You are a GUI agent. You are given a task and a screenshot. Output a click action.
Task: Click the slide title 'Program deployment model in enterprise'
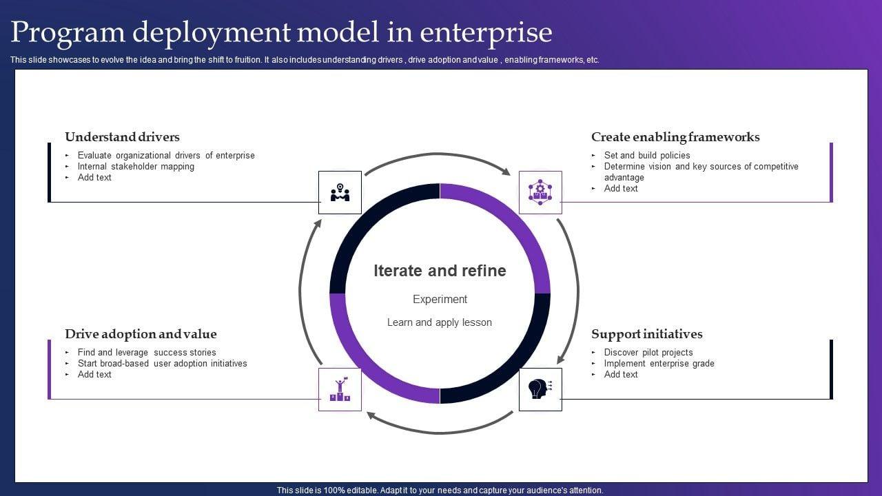coord(281,32)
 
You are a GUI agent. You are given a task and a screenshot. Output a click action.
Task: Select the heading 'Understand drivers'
coord(122,137)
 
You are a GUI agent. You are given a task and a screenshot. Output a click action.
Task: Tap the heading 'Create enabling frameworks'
coord(675,137)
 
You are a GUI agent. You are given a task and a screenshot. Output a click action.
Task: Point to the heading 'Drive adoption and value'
coord(141,334)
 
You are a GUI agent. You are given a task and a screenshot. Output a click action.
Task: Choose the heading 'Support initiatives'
coord(646,334)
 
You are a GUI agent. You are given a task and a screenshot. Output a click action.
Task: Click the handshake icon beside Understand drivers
coord(340,192)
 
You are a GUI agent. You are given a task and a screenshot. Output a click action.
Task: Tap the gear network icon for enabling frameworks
coord(540,192)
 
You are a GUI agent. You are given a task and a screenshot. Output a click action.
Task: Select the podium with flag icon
coord(340,389)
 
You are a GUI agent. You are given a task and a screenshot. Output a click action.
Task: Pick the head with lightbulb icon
coord(540,389)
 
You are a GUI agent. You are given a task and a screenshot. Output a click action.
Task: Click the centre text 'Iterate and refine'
coord(440,271)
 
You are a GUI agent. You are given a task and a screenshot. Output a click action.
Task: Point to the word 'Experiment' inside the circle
coord(440,299)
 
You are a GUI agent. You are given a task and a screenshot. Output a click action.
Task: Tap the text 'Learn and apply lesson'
coord(440,322)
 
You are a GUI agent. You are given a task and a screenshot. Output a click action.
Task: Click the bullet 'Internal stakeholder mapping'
coord(136,167)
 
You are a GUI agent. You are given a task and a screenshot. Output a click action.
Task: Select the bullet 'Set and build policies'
coord(646,156)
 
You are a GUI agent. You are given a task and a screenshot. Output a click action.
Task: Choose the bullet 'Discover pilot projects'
coord(648,353)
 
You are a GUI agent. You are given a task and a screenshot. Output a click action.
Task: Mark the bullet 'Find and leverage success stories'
coord(147,353)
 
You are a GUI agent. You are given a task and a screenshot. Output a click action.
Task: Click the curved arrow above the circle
coord(437,156)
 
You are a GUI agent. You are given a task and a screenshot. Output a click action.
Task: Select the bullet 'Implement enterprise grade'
coord(659,364)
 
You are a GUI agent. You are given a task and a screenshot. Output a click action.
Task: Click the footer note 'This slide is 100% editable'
coord(440,490)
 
